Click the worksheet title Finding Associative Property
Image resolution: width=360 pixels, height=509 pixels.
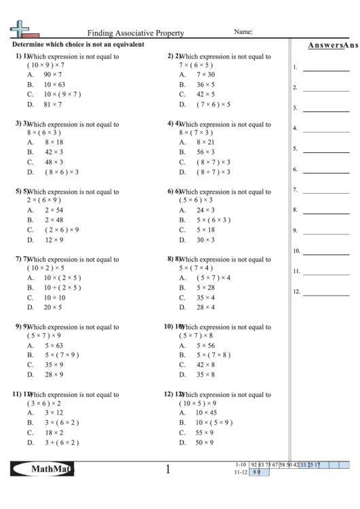[x=135, y=32]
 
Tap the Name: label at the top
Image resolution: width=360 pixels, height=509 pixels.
[x=243, y=31]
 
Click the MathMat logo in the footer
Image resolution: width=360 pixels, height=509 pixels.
[x=42, y=470]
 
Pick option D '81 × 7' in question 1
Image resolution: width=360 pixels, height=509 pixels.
[x=53, y=105]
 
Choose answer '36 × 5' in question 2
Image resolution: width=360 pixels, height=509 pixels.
[x=206, y=84]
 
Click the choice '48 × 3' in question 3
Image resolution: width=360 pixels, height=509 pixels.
[x=54, y=162]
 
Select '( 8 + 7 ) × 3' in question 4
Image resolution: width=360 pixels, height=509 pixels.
[x=213, y=173]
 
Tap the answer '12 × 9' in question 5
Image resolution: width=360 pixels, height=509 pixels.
[x=54, y=240]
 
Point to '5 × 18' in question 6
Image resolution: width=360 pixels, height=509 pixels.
[x=206, y=230]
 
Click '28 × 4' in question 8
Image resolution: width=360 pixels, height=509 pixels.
[x=206, y=307]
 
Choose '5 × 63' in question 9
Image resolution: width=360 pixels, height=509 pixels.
[x=54, y=345]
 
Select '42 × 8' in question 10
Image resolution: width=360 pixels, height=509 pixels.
[x=206, y=365]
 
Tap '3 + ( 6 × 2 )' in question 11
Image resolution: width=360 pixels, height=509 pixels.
[x=62, y=442]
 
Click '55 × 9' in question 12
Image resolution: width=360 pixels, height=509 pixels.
[x=206, y=432]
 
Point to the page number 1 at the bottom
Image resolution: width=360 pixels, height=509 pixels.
[x=168, y=470]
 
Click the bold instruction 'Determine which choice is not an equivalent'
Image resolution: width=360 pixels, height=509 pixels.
[x=78, y=44]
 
